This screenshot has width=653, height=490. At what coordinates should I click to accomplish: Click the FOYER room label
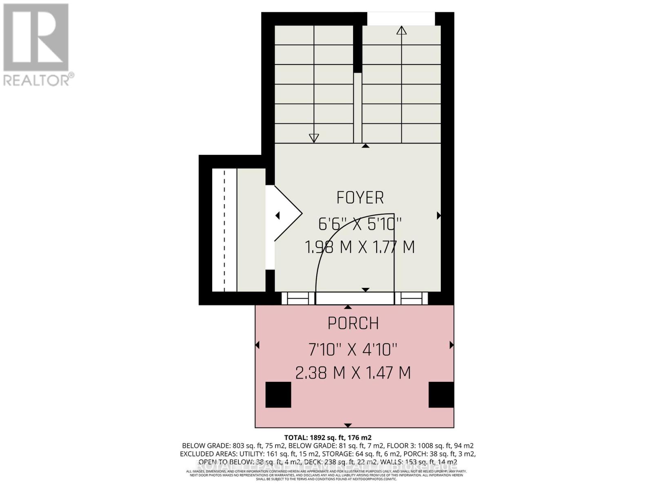point(360,198)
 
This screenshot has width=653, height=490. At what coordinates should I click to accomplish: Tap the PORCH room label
point(353,323)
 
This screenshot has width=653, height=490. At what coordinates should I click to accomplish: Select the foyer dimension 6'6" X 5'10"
point(360,224)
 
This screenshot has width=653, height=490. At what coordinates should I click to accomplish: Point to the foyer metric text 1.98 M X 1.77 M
point(360,247)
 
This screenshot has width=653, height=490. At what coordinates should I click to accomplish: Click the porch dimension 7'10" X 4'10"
point(353,350)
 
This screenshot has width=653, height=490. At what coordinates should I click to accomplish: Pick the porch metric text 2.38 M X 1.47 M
point(353,373)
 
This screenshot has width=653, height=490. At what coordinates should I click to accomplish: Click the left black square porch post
point(278,394)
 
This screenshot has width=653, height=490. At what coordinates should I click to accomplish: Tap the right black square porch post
point(441,394)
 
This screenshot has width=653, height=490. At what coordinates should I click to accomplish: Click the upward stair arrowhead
point(402,30)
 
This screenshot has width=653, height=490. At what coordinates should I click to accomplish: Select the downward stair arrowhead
point(313,138)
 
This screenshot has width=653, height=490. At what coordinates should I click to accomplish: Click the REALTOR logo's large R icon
point(36,38)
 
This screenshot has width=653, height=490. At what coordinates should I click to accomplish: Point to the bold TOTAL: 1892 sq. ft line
point(327,437)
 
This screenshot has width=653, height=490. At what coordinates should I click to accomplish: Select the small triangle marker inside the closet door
point(278,215)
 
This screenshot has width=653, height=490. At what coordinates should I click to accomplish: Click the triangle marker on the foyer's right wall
point(439,215)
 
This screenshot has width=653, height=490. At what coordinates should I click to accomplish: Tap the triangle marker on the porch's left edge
point(257,345)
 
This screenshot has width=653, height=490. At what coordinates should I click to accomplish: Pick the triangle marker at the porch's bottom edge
point(348,425)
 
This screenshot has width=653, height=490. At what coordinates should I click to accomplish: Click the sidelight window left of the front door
point(298,299)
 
